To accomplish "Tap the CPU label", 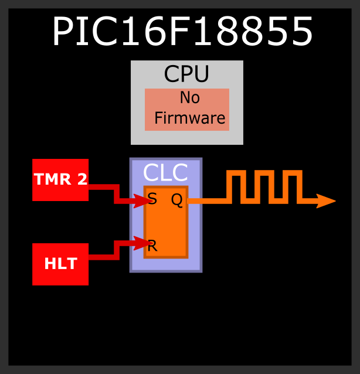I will (x=186, y=74).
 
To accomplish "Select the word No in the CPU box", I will (x=190, y=97).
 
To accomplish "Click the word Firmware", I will (x=190, y=118).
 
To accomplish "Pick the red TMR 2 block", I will (x=60, y=180).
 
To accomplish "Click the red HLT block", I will (x=60, y=264).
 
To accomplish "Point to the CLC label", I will (x=165, y=173).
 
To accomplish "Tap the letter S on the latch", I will (x=152, y=199).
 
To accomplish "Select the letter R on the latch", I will (x=152, y=246).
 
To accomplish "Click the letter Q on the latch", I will (x=176, y=200).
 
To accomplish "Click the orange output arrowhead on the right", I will (x=325, y=201).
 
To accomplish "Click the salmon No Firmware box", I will (x=186, y=109).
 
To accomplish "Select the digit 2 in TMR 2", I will (x=82, y=179).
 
